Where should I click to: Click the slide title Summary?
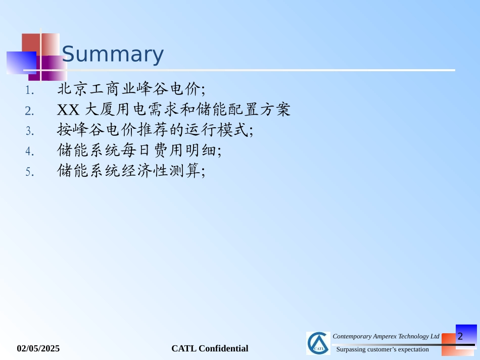point(113,54)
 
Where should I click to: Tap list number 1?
point(29,90)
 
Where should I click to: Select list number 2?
point(29,111)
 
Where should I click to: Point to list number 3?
point(30,131)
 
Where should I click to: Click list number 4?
point(30,151)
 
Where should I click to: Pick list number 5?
point(30,172)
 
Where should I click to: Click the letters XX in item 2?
point(68,110)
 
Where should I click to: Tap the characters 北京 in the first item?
point(73,89)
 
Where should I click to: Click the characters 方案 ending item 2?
point(275,110)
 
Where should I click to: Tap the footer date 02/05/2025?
point(38,348)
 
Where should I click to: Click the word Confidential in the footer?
point(223,348)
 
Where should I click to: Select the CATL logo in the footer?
point(318,343)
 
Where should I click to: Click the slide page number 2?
point(460,336)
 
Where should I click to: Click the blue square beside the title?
point(21,63)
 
